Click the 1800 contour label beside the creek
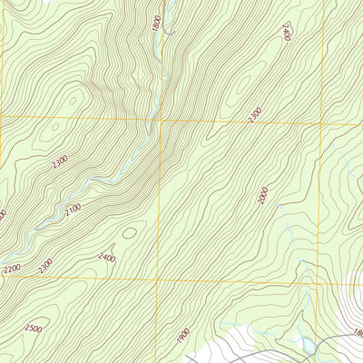(x=157, y=23)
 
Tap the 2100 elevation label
(x=73, y=211)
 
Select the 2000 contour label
(x=262, y=195)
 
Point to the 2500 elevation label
(x=34, y=329)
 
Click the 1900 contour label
(x=184, y=336)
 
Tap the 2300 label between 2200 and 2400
(x=45, y=265)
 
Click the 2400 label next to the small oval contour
(x=106, y=259)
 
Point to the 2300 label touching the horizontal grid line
(x=255, y=115)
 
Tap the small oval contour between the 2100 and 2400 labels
(x=129, y=232)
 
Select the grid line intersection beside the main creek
(x=159, y=119)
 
